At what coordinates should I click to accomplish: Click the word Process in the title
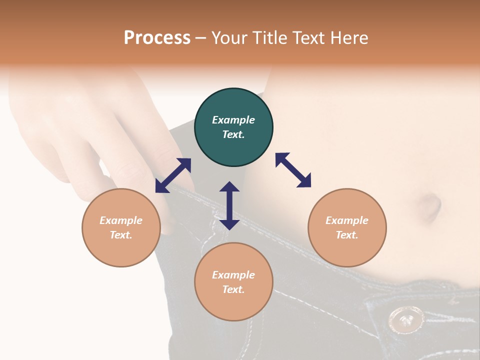157,38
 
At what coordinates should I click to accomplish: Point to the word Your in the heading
229,38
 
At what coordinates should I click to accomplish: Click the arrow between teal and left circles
173,175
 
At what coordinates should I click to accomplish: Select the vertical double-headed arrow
229,205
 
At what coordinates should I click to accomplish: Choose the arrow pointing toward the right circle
293,170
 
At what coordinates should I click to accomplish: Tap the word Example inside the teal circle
233,120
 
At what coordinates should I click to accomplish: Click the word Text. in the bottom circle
233,289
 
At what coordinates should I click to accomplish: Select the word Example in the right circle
347,220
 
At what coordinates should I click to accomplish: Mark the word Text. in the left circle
121,235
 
